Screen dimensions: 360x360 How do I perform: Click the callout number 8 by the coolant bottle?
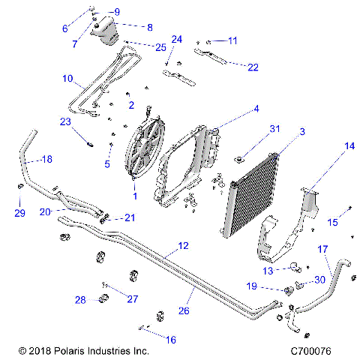click(149, 27)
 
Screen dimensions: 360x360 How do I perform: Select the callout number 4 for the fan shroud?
click(256, 108)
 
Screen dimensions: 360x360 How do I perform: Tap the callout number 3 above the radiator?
click(302, 132)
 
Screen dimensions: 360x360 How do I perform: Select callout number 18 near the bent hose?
click(46, 160)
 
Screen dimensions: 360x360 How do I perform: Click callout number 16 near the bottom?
click(171, 340)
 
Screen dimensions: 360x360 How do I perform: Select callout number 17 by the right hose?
click(323, 249)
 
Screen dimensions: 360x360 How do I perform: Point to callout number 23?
click(64, 121)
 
